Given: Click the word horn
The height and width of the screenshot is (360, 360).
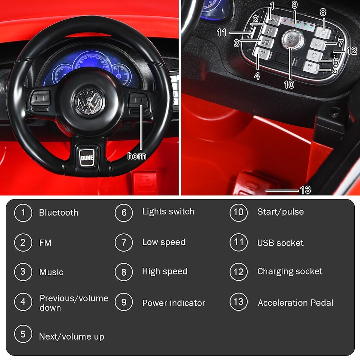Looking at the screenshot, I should [x=137, y=156].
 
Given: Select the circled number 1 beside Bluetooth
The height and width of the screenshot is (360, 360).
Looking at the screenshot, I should [x=23, y=213].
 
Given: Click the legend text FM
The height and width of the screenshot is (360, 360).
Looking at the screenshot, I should [x=45, y=243].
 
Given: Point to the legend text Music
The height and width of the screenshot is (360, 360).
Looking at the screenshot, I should [x=51, y=272].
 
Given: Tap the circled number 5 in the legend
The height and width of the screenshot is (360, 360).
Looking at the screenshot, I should [x=23, y=334].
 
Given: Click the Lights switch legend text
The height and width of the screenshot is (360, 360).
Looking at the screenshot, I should [x=168, y=211].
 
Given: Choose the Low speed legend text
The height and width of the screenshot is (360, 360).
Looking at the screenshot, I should [x=163, y=242].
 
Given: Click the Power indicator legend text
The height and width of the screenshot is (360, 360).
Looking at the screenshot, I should [x=174, y=303].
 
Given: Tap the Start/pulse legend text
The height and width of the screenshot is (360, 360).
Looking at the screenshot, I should [x=280, y=212].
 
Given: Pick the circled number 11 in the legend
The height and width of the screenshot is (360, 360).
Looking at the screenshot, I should [x=238, y=242].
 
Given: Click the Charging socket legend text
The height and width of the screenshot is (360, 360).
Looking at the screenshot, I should [x=289, y=271].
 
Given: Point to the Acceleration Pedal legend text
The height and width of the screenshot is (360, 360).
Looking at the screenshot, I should [x=295, y=303].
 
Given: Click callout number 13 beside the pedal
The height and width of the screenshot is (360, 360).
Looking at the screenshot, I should [x=306, y=190].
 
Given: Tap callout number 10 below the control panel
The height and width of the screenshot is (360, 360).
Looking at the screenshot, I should [x=289, y=85].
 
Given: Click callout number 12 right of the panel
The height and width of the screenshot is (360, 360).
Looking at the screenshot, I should [x=352, y=51].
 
